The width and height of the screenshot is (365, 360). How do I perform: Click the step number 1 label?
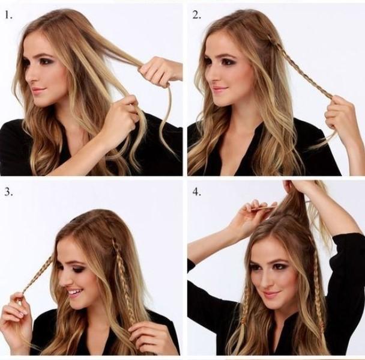[8, 16]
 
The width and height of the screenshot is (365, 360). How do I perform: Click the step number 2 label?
[196, 15]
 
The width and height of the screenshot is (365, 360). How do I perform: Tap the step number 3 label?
[8, 192]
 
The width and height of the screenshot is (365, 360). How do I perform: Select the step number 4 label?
[196, 192]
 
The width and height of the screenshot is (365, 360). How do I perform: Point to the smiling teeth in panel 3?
[75, 291]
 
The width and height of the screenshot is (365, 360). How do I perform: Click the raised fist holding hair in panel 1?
[158, 71]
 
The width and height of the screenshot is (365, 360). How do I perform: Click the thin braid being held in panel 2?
[303, 70]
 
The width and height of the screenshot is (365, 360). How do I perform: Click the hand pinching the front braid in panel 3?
[17, 310]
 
